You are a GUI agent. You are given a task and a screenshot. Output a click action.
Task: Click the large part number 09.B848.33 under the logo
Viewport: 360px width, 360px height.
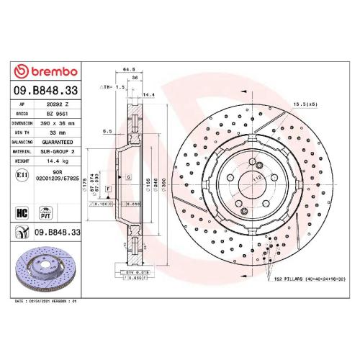click(48, 91)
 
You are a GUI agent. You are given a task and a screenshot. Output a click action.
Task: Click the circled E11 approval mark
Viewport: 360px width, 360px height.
click(22, 175)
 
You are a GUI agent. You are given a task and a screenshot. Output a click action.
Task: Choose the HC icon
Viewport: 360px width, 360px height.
click(22, 213)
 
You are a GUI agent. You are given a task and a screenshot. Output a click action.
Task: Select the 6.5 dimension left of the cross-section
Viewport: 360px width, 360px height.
click(107, 131)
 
